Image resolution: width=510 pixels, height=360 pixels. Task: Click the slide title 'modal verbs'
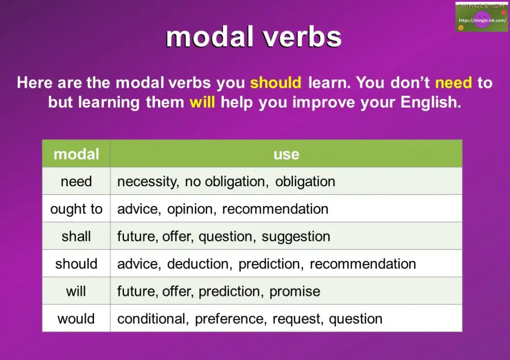click(x=253, y=37)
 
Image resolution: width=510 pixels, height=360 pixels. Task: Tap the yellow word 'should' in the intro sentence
click(x=276, y=83)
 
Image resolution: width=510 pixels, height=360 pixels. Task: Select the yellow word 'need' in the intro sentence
click(x=454, y=83)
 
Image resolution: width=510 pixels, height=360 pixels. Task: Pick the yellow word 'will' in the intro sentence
click(x=202, y=102)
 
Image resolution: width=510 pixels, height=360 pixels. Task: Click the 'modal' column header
click(x=76, y=154)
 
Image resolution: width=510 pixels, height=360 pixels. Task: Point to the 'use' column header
click(x=286, y=154)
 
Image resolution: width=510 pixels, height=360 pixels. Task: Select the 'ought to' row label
click(x=76, y=209)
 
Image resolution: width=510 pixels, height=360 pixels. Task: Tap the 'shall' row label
click(x=76, y=237)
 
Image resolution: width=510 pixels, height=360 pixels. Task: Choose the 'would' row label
click(x=76, y=319)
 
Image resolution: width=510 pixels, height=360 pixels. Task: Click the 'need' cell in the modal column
click(x=76, y=182)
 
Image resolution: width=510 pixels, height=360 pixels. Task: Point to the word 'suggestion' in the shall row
click(x=296, y=237)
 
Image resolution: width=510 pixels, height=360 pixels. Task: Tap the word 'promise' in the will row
click(x=295, y=292)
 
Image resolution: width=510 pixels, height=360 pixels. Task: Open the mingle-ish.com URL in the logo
click(x=481, y=20)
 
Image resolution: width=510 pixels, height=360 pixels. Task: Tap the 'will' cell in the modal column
click(x=76, y=292)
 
